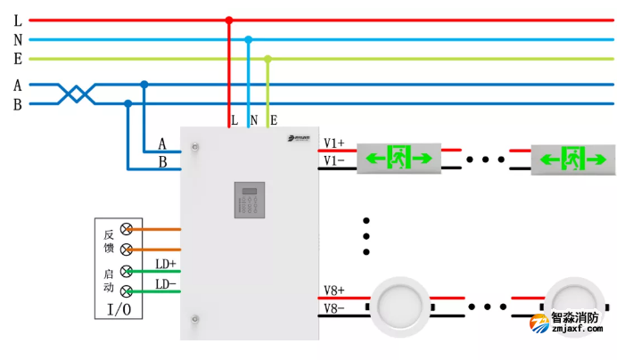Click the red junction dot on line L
229,20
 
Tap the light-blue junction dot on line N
249,39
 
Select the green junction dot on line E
267,59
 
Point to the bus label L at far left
18,20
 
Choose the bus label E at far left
18,59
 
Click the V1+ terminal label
334,143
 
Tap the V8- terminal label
334,309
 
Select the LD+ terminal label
166,264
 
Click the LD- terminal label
166,284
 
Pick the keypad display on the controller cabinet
250,200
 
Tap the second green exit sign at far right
572,160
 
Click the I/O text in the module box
119,309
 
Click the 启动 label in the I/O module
108,281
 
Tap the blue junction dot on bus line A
144,85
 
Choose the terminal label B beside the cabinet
162,162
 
